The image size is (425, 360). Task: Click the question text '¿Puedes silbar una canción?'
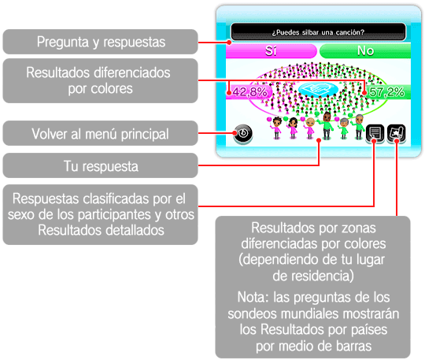click(x=318, y=32)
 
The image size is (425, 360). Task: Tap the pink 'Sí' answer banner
click(x=271, y=51)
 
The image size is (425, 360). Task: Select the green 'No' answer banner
click(x=365, y=51)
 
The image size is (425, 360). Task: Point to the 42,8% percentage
click(x=249, y=92)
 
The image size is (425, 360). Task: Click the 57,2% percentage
click(x=386, y=92)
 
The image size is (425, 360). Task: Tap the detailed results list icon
click(x=375, y=133)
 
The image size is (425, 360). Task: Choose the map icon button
click(x=396, y=133)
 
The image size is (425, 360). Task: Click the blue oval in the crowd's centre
click(x=318, y=89)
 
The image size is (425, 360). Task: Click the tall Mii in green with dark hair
click(x=327, y=125)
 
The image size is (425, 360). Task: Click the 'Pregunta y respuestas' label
click(x=101, y=42)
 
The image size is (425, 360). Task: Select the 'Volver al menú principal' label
click(x=100, y=134)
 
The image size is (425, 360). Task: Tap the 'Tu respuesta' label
click(x=101, y=166)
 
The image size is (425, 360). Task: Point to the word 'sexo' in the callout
click(x=21, y=214)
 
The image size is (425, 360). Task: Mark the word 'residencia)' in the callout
click(x=313, y=276)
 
